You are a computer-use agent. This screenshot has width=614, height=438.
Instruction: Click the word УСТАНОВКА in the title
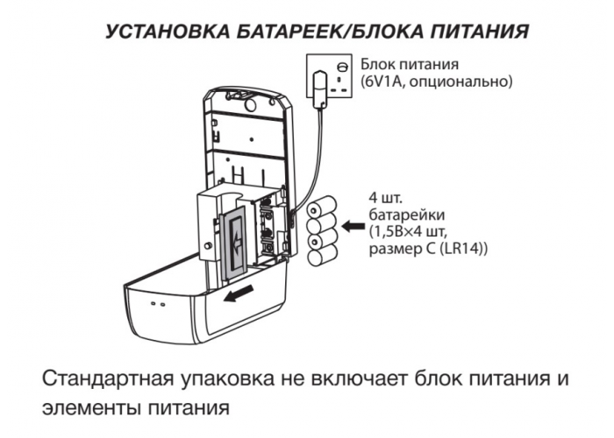click(168, 32)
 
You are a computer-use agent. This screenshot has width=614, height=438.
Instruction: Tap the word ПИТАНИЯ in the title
click(480, 32)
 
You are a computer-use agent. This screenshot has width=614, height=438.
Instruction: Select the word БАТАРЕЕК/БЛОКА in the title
click(329, 32)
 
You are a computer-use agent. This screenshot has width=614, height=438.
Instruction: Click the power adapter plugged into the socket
click(320, 88)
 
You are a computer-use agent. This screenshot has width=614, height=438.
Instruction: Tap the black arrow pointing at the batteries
click(353, 226)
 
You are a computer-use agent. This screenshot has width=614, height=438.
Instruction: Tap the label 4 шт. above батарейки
click(385, 197)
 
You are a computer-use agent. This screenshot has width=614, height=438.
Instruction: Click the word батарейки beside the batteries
click(407, 215)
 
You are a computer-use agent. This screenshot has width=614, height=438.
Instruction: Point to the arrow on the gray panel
click(237, 244)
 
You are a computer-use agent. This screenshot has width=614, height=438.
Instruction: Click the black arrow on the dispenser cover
click(239, 294)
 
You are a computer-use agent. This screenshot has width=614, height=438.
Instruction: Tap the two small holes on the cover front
click(158, 303)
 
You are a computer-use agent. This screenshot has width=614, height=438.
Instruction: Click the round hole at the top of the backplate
click(249, 104)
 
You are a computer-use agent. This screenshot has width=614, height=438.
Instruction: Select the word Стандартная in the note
click(107, 379)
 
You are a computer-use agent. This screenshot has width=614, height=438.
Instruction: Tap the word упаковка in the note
click(228, 380)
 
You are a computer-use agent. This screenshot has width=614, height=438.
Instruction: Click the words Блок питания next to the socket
click(410, 63)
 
